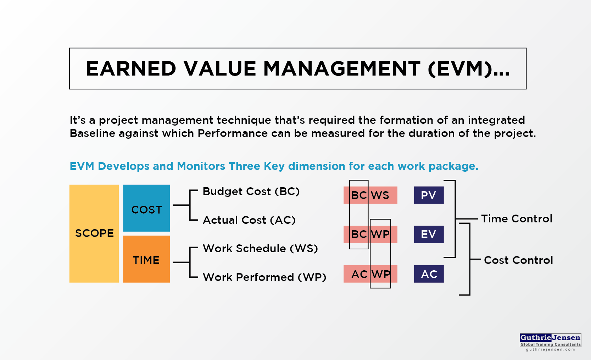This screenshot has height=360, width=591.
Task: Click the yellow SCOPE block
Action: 94,234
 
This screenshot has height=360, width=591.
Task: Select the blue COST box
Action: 146,208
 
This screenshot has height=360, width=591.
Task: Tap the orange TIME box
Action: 146,259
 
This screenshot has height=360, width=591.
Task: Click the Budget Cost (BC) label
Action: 251,191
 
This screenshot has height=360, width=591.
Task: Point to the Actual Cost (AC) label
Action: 249,220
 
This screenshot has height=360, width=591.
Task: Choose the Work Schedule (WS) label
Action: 260,249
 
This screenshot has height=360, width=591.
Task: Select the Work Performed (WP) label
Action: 264,277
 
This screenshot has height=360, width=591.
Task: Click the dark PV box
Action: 429,195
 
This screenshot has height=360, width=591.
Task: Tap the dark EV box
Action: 429,234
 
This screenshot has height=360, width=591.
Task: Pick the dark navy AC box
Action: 429,274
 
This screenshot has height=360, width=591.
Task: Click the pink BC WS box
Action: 370,195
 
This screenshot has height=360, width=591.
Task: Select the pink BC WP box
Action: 370,234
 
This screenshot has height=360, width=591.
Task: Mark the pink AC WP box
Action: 370,274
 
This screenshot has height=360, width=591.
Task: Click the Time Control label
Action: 517,219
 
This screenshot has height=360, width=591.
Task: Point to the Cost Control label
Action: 518,260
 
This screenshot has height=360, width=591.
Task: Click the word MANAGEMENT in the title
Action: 342,68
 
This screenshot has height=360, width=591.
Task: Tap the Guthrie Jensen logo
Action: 550,342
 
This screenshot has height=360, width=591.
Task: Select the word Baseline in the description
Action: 92,133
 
